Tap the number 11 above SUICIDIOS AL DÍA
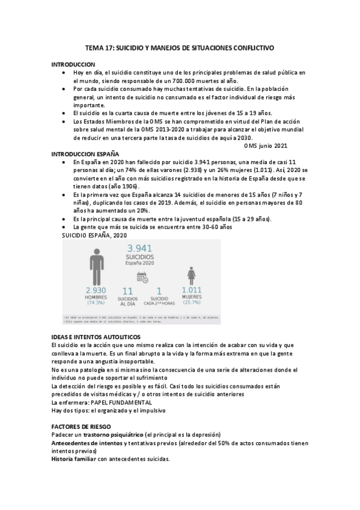click(x=127, y=291)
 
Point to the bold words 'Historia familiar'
click(x=74, y=458)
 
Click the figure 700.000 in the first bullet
click(x=183, y=81)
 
